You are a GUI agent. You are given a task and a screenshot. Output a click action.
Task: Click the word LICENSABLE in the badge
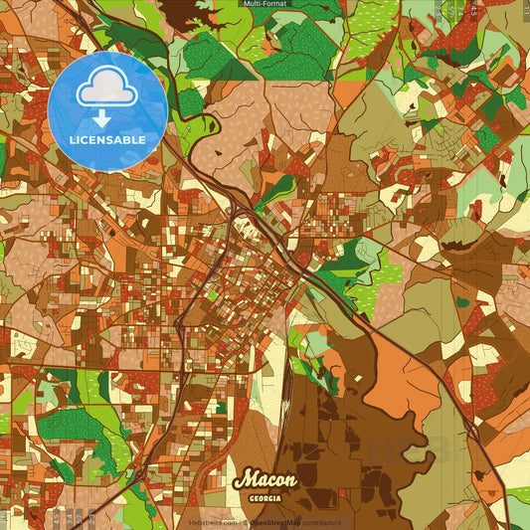(x=108, y=140)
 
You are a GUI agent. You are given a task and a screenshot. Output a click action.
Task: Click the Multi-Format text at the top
(x=264, y=4)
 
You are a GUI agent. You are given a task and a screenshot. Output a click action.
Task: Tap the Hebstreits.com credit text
(x=211, y=523)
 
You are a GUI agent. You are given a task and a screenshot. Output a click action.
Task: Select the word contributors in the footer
(x=321, y=523)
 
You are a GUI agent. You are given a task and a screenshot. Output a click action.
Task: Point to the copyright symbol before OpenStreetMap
(x=245, y=523)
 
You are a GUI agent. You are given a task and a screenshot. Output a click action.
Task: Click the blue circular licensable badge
(x=107, y=109)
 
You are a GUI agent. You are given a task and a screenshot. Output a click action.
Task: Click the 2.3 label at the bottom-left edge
(x=91, y=517)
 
